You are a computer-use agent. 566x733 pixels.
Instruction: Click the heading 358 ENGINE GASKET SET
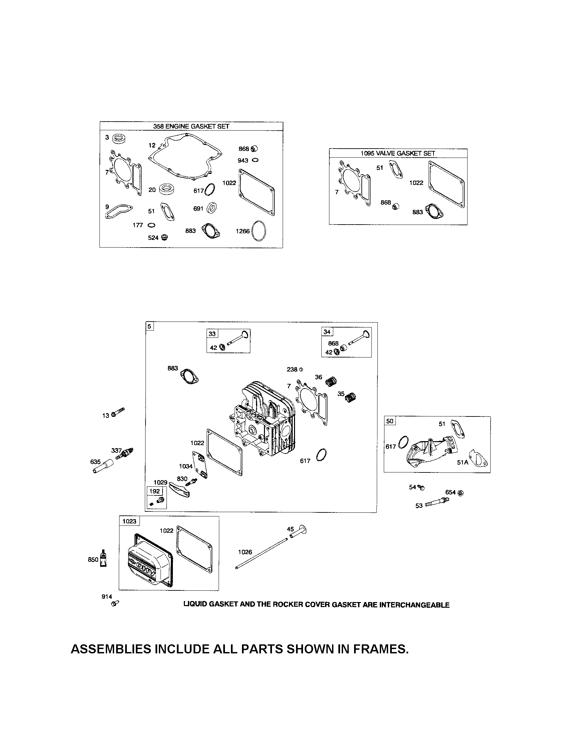tap(191, 127)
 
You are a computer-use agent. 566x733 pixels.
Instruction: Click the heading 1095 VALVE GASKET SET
tap(397, 153)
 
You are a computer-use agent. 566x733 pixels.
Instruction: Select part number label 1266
tap(242, 231)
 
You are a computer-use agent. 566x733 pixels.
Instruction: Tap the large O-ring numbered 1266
tap(259, 231)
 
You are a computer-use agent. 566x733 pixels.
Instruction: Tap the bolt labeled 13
tap(118, 412)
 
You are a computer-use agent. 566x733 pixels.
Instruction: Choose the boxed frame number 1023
tap(129, 521)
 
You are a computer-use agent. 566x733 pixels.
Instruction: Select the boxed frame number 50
tap(390, 421)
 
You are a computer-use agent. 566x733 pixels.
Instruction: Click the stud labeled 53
tap(436, 503)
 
